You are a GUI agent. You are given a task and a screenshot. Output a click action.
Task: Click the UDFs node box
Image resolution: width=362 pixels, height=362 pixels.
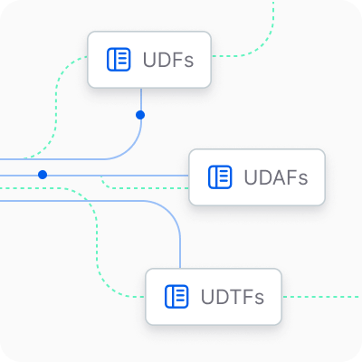(x=149, y=60)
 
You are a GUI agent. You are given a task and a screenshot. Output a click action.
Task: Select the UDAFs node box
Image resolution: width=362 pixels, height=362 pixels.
(x=257, y=177)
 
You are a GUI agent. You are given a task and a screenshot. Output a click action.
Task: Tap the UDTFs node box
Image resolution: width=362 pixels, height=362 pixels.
(x=214, y=297)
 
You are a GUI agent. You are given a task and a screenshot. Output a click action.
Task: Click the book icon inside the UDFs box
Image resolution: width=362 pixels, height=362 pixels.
(x=119, y=60)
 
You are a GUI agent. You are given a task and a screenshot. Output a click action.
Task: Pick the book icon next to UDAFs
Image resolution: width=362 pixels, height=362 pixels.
(x=220, y=177)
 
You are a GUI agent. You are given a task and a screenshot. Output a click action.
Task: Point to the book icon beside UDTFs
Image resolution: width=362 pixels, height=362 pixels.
(x=176, y=297)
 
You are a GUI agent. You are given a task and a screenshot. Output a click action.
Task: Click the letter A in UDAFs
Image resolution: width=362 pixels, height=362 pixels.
(x=274, y=177)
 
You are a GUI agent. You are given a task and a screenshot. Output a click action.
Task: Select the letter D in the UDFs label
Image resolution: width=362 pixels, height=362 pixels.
(x=167, y=60)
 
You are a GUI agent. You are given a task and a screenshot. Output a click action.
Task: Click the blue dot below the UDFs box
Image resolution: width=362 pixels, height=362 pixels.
(x=140, y=115)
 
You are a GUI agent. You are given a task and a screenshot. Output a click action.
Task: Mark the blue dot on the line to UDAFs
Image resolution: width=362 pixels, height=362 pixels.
(x=43, y=175)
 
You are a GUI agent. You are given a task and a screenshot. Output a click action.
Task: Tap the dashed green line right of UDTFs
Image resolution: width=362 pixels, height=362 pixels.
(x=321, y=297)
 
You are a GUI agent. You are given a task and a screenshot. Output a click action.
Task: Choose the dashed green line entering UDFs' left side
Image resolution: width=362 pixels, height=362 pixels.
(x=56, y=106)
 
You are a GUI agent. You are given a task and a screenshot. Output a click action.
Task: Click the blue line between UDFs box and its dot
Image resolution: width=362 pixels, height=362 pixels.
(x=141, y=100)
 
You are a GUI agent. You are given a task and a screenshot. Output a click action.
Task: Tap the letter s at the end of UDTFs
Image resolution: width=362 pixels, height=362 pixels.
(x=259, y=299)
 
